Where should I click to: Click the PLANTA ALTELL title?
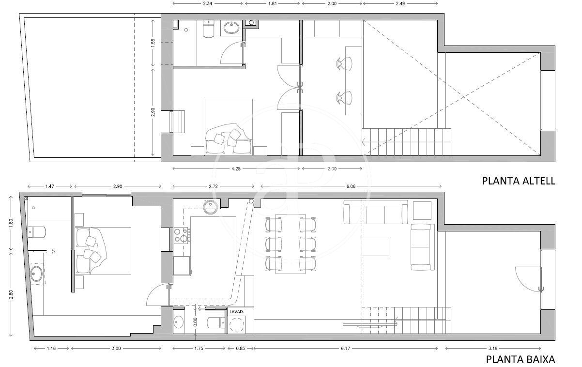click(x=519, y=181)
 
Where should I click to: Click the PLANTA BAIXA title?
click(x=521, y=360)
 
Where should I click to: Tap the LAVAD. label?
click(x=236, y=312)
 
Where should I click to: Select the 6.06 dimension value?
click(x=351, y=186)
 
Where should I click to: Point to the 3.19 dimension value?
click(x=493, y=348)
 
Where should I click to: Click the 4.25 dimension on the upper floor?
click(x=236, y=168)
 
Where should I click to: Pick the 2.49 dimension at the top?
click(x=400, y=4)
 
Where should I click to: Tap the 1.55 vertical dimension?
click(x=153, y=43)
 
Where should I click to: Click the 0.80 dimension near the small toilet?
click(x=196, y=322)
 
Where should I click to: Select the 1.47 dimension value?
click(x=49, y=186)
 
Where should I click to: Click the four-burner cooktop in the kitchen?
click(x=181, y=235)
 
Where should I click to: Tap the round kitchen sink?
click(x=211, y=207)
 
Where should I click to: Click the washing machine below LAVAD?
click(x=237, y=324)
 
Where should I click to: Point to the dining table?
click(x=291, y=244)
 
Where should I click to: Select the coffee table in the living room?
click(x=375, y=247)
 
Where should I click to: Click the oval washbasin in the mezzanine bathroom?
click(x=231, y=28)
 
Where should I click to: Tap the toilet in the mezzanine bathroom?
click(x=208, y=29)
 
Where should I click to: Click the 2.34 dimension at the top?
click(x=208, y=4)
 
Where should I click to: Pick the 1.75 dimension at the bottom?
click(x=199, y=348)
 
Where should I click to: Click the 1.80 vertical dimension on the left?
click(x=11, y=223)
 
